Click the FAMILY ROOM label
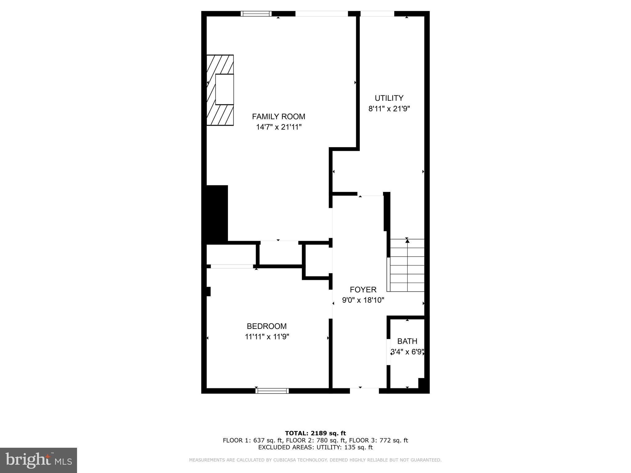[x=279, y=116]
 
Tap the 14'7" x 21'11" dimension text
[x=279, y=127]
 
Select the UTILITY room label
[x=389, y=98]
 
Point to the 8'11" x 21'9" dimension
[x=389, y=109]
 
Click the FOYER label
[x=363, y=289]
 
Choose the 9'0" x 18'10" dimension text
[x=363, y=300]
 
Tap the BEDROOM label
[x=267, y=326]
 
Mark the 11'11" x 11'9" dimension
[x=267, y=337]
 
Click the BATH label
[x=407, y=341]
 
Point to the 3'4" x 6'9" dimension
[x=407, y=352]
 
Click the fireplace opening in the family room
[x=224, y=89]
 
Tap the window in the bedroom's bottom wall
[x=272, y=391]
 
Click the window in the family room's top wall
[x=256, y=14]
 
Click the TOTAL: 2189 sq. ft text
[x=315, y=433]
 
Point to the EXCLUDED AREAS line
[x=315, y=447]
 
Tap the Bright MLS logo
[x=39, y=460]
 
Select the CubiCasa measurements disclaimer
[x=315, y=460]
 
